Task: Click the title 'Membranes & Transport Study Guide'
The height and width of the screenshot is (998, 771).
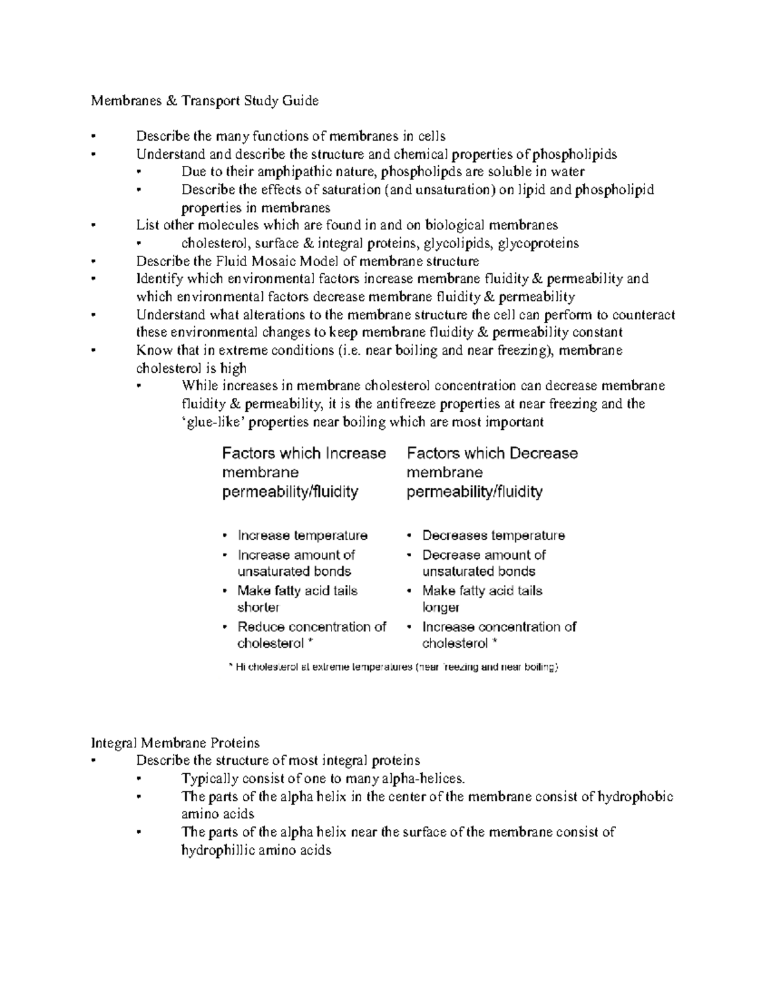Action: (x=204, y=101)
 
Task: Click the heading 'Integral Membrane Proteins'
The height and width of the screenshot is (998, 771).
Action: (x=175, y=743)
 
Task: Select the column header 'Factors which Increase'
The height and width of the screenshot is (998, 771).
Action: (x=304, y=454)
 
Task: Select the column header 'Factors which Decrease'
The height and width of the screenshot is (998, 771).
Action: (x=492, y=454)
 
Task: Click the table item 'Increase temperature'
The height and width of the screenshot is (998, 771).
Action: (x=302, y=536)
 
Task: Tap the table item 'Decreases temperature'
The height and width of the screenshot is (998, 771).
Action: (x=493, y=536)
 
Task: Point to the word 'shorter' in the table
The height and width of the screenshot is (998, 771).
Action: (x=258, y=608)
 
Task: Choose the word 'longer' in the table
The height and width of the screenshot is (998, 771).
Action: (x=441, y=608)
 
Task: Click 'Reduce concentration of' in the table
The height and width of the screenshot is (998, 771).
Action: (x=312, y=627)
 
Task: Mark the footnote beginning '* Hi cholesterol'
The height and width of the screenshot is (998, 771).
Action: (x=393, y=668)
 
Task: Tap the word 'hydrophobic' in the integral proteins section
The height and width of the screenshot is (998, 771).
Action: (x=635, y=797)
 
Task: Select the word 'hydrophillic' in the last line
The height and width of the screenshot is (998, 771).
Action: (x=219, y=851)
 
